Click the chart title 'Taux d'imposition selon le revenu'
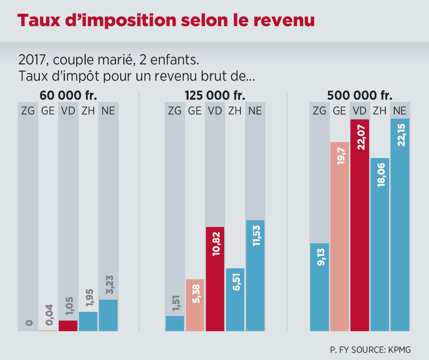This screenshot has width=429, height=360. point(166,21)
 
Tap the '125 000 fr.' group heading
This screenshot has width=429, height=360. point(215,95)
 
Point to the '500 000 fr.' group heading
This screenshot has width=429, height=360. point(360,95)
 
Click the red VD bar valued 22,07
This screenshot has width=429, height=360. point(360,227)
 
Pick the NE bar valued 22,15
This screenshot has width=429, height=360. point(400,227)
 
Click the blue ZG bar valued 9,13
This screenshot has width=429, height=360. point(319,288)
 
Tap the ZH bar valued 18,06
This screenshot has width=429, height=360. point(380,246)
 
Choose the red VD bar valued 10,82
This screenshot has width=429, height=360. point(215,280)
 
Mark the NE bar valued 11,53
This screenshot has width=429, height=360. point(255,277)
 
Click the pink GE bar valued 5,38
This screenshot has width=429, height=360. point(195,305)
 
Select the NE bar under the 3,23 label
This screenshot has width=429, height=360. point(108,316)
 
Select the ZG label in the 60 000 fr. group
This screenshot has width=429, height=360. point(28,111)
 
